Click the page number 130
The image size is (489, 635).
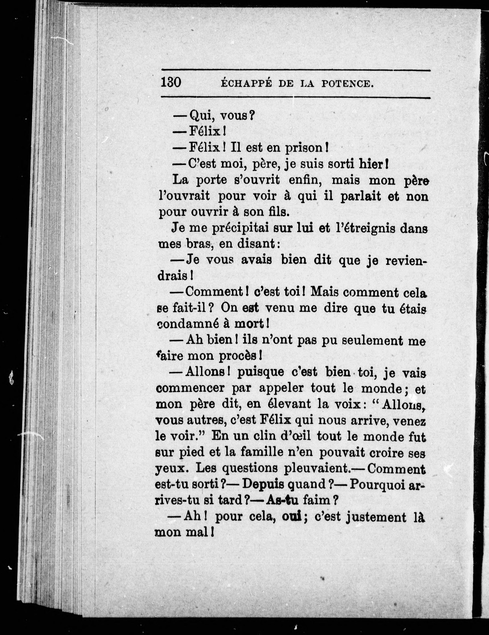(171, 83)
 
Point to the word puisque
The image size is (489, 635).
(257, 372)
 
